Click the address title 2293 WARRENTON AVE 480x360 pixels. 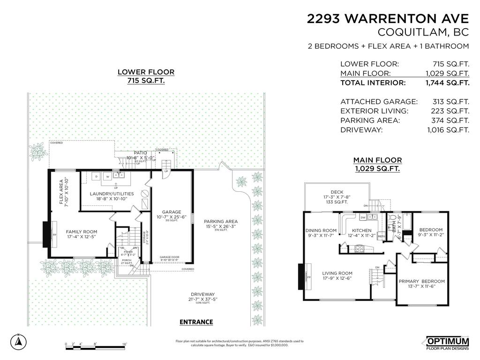click(x=388, y=18)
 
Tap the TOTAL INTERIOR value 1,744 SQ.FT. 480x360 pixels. click(x=448, y=83)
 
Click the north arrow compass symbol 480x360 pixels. click(x=18, y=341)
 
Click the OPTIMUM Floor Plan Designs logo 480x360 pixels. click(x=447, y=343)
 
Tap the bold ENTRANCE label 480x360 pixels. click(x=196, y=322)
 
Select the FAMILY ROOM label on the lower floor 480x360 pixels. click(x=81, y=232)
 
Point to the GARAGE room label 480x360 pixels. click(x=172, y=212)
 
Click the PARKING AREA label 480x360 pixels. click(x=221, y=221)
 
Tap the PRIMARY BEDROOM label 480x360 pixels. click(x=421, y=281)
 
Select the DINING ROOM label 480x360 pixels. click(x=321, y=230)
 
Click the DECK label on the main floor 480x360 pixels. click(x=337, y=192)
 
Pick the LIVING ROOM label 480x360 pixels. click(x=337, y=273)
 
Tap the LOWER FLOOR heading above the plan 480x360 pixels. click(x=146, y=72)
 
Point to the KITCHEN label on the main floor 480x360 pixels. click(x=361, y=230)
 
